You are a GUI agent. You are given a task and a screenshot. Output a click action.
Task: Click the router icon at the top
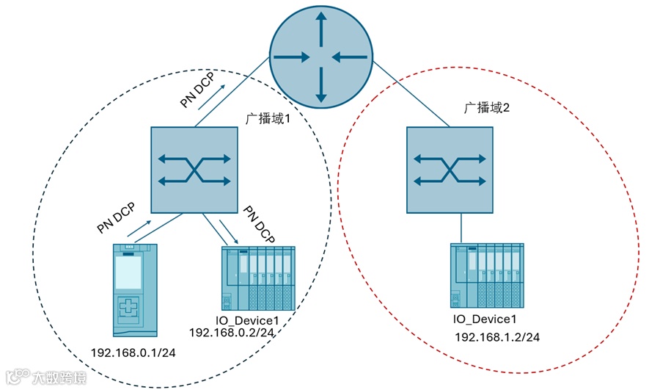(320, 56)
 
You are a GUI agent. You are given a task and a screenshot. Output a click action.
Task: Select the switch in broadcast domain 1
(194, 170)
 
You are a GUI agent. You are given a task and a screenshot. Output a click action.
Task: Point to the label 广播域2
(486, 107)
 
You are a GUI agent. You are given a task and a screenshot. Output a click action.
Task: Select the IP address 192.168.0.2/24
(232, 333)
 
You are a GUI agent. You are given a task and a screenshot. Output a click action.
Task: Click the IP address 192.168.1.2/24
(498, 337)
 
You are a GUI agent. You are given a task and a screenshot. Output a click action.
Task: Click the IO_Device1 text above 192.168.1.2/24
(485, 319)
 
